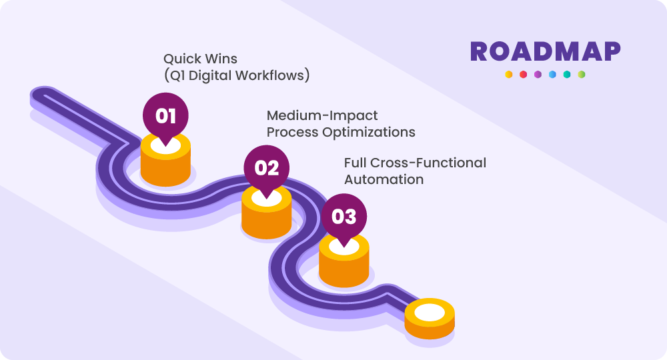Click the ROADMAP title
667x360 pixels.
click(545, 52)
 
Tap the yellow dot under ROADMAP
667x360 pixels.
click(508, 75)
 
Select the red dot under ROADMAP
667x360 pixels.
click(523, 75)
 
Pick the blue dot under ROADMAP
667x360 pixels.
click(552, 75)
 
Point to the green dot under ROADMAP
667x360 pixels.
click(582, 75)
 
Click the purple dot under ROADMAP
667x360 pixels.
click(538, 75)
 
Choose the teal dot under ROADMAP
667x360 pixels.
click(567, 75)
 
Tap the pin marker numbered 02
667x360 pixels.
click(266, 167)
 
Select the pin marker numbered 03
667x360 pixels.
click(344, 217)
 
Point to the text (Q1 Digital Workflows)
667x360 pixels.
click(237, 76)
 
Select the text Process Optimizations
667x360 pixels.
click(341, 132)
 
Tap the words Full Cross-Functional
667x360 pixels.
click(415, 163)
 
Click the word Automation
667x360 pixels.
click(384, 179)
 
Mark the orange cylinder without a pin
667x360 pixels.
click(430, 319)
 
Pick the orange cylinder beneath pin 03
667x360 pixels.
click(344, 267)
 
